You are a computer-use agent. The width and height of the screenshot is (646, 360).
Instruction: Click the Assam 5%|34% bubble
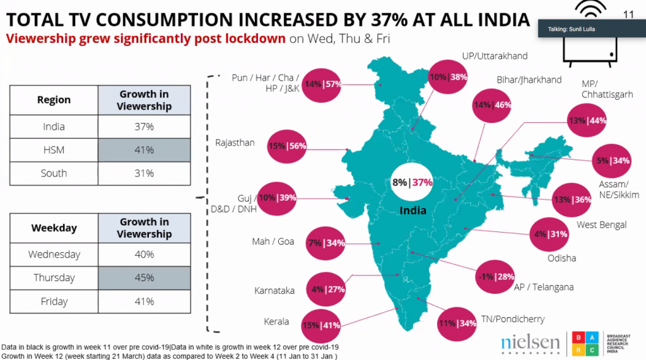pos(611,161)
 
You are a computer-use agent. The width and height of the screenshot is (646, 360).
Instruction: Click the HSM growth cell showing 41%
pos(144,150)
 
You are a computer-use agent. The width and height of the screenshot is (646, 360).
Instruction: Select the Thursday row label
pos(54,278)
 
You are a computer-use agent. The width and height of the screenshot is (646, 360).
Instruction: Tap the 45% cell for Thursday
pos(144,278)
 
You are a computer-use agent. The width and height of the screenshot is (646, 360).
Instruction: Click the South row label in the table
pos(54,173)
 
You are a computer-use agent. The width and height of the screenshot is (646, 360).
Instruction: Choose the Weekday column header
pos(54,228)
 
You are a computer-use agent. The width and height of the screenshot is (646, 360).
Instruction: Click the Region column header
pos(54,100)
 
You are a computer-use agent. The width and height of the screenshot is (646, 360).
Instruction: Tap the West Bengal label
pos(602,225)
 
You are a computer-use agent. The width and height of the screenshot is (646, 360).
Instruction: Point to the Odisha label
pos(562,258)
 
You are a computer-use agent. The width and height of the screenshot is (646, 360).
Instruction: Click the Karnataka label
pos(274,291)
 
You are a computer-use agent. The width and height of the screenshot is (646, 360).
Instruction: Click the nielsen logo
pos(530,342)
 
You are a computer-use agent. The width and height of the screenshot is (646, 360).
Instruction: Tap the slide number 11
pos(628,14)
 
